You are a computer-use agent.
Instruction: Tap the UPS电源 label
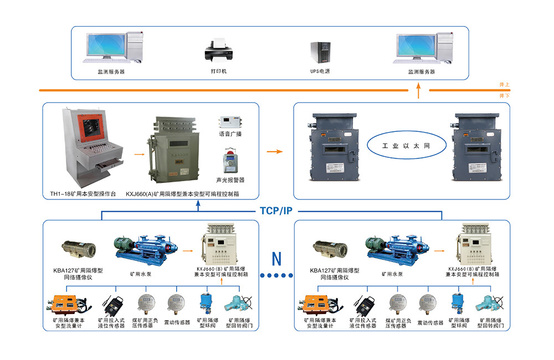[320, 71]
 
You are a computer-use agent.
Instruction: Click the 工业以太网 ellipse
[399, 147]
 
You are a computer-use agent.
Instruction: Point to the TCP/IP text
[276, 211]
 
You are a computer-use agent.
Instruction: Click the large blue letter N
[276, 258]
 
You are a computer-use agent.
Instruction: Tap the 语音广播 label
[230, 134]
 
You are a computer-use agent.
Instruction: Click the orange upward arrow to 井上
[419, 91]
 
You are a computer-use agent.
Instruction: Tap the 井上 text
[504, 85]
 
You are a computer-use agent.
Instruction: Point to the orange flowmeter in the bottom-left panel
[65, 304]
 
